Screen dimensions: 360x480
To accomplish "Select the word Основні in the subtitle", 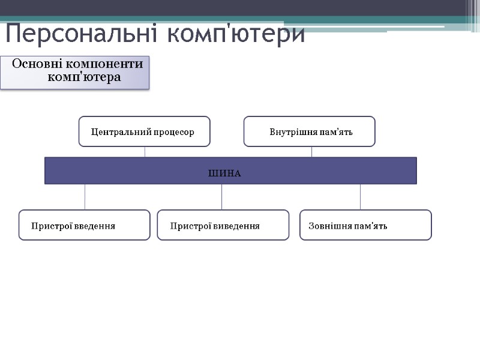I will pos(37,64).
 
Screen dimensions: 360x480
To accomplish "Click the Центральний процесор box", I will pos(145,131).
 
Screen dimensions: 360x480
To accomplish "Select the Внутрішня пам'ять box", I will pos(309,131).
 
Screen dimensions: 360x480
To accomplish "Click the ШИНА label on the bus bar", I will pos(224,173).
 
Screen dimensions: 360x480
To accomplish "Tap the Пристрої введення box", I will pos(85,225).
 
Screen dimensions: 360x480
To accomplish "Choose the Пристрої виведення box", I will pos(223,225).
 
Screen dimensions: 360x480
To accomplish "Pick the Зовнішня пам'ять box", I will pos(365,225).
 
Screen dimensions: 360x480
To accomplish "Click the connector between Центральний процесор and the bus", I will pos(145,152).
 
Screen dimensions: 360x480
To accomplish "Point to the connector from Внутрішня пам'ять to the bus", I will pos(312,152).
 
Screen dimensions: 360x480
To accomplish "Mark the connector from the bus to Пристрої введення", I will pos(85,197).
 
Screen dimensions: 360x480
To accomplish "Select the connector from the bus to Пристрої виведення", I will pos(222,197).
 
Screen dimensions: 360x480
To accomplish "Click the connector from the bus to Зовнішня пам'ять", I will pos(361,197).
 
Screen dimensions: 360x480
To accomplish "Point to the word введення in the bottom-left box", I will pos(94,226).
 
